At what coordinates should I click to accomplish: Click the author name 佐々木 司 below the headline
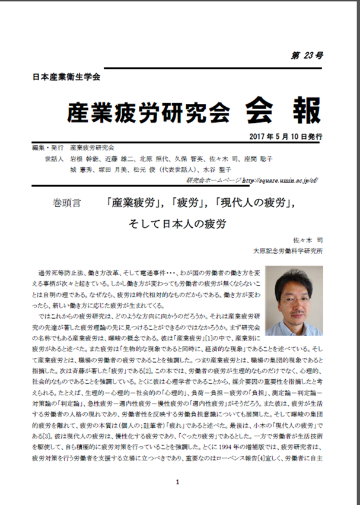click(x=307, y=240)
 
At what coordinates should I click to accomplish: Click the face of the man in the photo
click(x=295, y=297)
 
